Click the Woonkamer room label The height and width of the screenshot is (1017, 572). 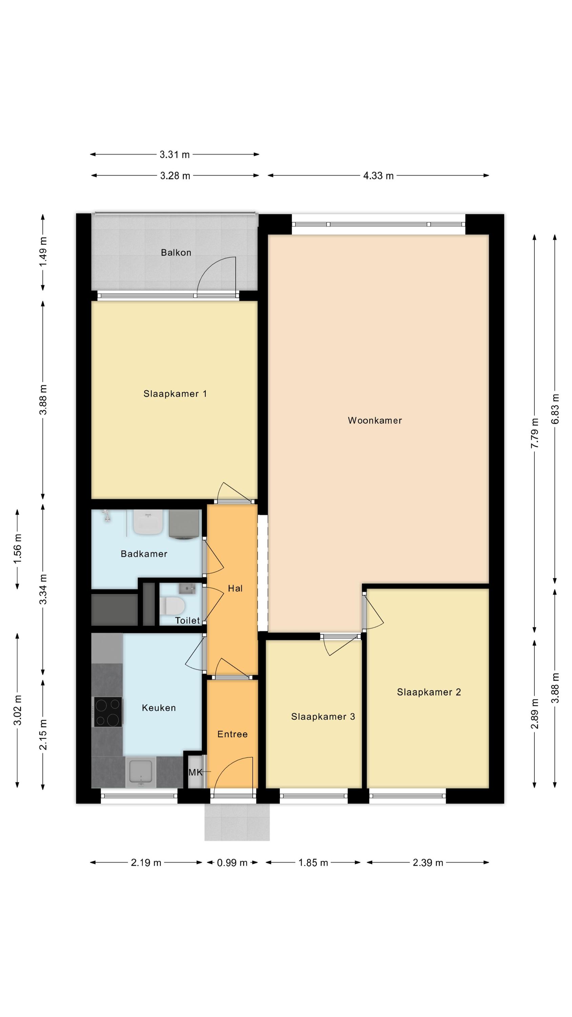point(375,420)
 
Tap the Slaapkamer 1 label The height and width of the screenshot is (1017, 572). point(175,394)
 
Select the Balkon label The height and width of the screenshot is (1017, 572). point(176,253)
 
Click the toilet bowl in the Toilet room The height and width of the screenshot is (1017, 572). point(172,604)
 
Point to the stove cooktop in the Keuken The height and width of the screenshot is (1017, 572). point(107,712)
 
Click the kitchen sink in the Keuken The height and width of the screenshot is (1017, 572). point(141,772)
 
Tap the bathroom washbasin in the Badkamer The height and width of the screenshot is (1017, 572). point(148,521)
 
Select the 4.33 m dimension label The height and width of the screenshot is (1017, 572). point(378,176)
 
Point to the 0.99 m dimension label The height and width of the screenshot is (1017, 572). point(232,863)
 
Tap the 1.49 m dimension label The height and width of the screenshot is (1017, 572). point(43,252)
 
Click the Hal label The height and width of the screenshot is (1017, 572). point(235,588)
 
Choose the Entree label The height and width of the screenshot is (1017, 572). point(232,734)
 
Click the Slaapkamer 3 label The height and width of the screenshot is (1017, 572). point(323,717)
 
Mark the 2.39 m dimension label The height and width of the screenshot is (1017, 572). point(428,863)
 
